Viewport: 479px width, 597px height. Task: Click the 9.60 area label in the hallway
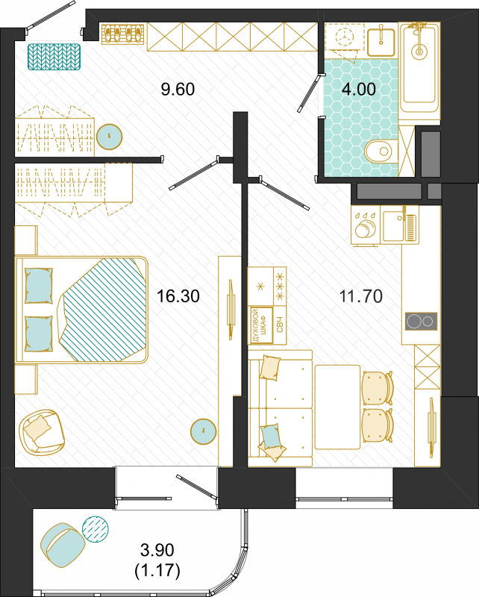pyautogui.click(x=178, y=89)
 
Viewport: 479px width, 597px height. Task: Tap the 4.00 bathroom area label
pyautogui.click(x=359, y=89)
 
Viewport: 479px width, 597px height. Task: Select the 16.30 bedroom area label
pyautogui.click(x=178, y=296)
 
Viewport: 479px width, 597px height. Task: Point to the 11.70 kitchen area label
pyautogui.click(x=361, y=296)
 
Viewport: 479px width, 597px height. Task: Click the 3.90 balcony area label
pyautogui.click(x=157, y=550)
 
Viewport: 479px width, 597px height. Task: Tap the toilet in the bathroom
pyautogui.click(x=381, y=151)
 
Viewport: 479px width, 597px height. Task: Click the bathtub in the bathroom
pyautogui.click(x=419, y=67)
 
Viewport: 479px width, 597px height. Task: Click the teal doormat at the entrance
pyautogui.click(x=54, y=57)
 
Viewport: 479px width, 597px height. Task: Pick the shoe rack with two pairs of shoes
pyautogui.click(x=122, y=34)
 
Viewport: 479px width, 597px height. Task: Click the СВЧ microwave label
pyautogui.click(x=280, y=325)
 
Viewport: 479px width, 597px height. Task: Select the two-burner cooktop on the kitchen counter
pyautogui.click(x=421, y=322)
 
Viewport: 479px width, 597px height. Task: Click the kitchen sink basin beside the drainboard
pyautogui.click(x=393, y=226)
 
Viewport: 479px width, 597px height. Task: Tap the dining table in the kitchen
pyautogui.click(x=338, y=407)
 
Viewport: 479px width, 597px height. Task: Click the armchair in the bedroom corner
pyautogui.click(x=42, y=431)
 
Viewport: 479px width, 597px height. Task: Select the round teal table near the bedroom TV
pyautogui.click(x=204, y=431)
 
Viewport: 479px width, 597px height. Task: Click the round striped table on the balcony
pyautogui.click(x=96, y=529)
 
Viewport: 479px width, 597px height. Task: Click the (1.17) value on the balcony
pyautogui.click(x=157, y=570)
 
